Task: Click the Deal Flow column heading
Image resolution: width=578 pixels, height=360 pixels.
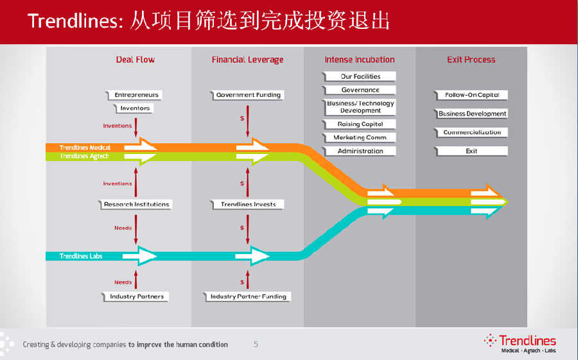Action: click(135, 60)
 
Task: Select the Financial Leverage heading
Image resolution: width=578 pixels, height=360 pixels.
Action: click(247, 60)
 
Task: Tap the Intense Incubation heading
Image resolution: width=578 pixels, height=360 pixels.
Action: click(360, 60)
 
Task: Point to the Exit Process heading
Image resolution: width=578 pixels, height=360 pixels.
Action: click(471, 60)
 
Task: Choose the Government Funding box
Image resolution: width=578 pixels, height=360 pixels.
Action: click(248, 95)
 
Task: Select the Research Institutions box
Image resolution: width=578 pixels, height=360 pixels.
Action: click(136, 205)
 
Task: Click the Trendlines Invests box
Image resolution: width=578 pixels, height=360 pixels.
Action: click(248, 205)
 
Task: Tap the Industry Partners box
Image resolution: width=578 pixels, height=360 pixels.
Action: click(136, 296)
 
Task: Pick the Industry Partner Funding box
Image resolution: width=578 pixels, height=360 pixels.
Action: click(249, 296)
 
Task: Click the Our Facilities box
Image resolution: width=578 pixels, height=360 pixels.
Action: click(360, 76)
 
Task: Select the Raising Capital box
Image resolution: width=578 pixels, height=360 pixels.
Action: click(360, 124)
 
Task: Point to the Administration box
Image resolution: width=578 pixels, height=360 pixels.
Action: click(360, 151)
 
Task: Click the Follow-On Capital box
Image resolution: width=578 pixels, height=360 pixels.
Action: click(472, 95)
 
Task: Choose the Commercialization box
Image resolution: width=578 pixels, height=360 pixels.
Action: click(472, 133)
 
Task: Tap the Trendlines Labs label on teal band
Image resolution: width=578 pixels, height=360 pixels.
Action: click(81, 256)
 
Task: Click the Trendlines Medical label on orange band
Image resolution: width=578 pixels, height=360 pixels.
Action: click(85, 148)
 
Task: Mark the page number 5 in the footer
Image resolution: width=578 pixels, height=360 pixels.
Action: click(256, 345)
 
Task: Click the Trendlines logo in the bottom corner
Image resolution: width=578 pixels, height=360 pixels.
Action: click(520, 343)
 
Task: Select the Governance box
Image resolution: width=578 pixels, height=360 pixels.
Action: click(360, 90)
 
